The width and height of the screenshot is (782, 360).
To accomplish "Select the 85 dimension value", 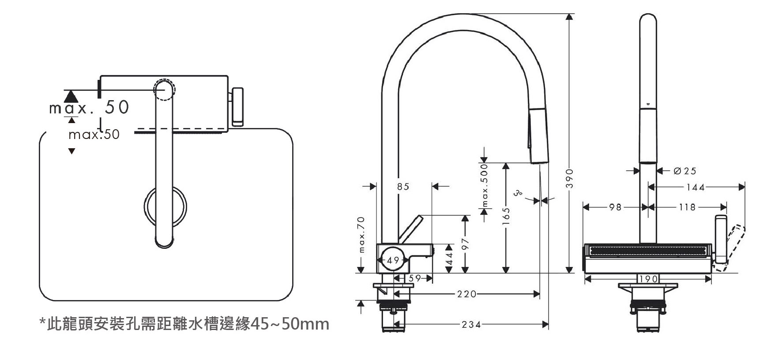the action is (x=403, y=187).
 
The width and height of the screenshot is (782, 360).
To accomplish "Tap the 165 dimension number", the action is (x=506, y=217).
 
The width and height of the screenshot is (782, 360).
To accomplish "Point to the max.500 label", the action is (x=485, y=185).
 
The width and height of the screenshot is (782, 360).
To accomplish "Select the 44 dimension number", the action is (x=449, y=259).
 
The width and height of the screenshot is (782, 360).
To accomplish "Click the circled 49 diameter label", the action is (x=392, y=260).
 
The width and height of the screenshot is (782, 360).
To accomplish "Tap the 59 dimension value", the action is (x=414, y=278).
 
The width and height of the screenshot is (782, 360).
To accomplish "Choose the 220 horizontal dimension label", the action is (x=466, y=294).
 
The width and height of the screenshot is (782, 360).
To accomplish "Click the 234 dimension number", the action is (x=471, y=325).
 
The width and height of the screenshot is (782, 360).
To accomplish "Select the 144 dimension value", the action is (x=696, y=187).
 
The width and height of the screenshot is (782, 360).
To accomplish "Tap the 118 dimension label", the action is (x=687, y=207).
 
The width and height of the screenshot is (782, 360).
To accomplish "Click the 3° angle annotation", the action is (x=518, y=193).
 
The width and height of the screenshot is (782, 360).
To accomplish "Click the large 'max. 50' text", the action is (x=89, y=107).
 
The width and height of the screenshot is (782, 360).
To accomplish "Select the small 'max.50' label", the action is (x=94, y=135).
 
